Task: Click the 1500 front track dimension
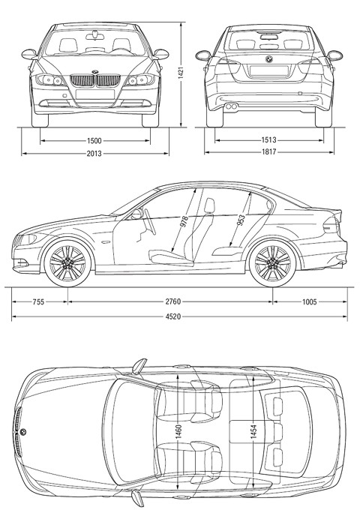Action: point(94,141)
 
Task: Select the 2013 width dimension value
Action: point(94,154)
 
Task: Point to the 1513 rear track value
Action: point(268,140)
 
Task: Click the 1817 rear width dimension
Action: point(268,152)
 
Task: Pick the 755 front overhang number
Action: point(38,301)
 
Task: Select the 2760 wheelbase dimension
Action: point(173,301)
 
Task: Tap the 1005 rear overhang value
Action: point(309,301)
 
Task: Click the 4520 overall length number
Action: point(173,316)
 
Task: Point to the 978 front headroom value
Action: point(184,221)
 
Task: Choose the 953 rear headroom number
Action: point(241,220)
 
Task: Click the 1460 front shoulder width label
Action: point(178,431)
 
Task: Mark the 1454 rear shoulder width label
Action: point(253,431)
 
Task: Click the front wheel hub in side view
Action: point(67,263)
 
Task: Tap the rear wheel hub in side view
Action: point(273,263)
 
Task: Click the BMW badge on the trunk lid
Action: point(268,59)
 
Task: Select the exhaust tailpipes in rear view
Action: point(231,106)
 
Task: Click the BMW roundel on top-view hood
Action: point(23,432)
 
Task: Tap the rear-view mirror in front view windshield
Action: point(95,35)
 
